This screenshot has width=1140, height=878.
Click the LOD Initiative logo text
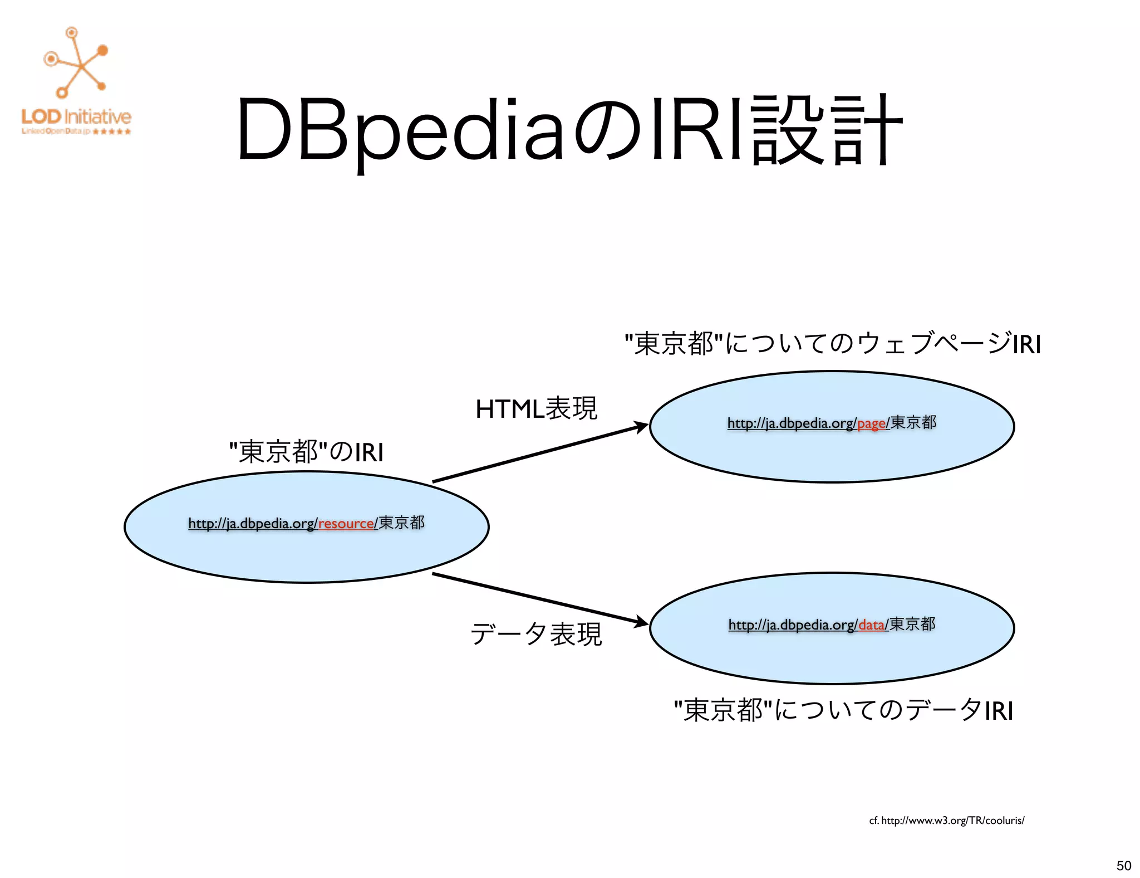(76, 117)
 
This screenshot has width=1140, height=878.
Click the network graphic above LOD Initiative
(77, 63)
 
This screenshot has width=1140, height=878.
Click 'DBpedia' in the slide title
(401, 131)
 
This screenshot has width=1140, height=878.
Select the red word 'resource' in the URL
(346, 524)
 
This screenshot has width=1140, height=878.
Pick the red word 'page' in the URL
(871, 423)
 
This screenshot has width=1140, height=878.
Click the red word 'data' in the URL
(872, 625)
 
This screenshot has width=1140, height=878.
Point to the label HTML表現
(536, 409)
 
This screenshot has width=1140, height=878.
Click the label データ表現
(536, 634)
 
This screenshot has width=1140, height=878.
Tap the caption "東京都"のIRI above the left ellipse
(307, 451)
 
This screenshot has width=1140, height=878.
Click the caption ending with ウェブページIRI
(832, 344)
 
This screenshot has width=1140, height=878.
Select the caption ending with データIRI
(843, 710)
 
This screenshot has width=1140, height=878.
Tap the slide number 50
(1123, 865)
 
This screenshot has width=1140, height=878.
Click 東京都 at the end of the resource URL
(401, 523)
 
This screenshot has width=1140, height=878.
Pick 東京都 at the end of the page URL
(913, 422)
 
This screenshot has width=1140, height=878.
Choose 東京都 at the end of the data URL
(912, 624)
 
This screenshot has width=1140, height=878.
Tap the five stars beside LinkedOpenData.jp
(112, 132)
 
